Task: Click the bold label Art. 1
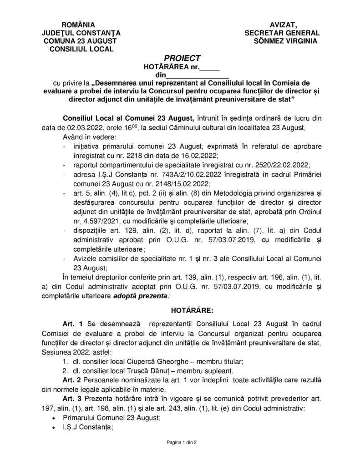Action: (x=73, y=324)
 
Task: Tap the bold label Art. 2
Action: (x=73, y=380)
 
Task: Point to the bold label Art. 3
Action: (x=73, y=399)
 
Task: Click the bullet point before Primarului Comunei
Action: (x=55, y=418)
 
